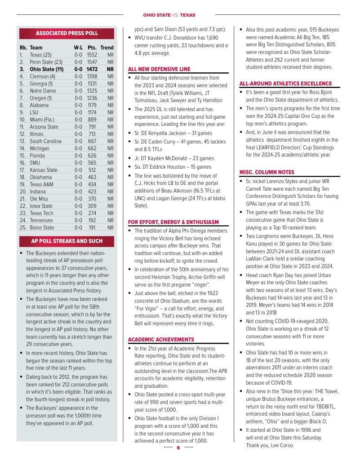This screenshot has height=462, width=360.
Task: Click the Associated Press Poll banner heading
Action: coord(67,33)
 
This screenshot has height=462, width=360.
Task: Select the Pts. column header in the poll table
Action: coord(92,47)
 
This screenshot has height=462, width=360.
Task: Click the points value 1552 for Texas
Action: coord(92,54)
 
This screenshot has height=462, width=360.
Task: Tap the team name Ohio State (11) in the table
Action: coord(47,69)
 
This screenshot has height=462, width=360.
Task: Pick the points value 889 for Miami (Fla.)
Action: coord(92,119)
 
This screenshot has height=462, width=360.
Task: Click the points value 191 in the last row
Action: coord(92,228)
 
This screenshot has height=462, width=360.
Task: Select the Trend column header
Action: coord(107,47)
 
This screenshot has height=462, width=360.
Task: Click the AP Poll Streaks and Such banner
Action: coord(67,241)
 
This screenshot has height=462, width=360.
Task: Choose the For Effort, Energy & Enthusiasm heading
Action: coord(173,222)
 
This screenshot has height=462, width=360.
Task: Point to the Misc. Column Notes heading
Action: coord(267,172)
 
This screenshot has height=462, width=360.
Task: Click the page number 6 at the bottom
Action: coord(178,448)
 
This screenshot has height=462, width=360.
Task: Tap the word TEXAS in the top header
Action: coord(189,15)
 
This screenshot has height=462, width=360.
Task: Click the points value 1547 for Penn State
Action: coord(92,62)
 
